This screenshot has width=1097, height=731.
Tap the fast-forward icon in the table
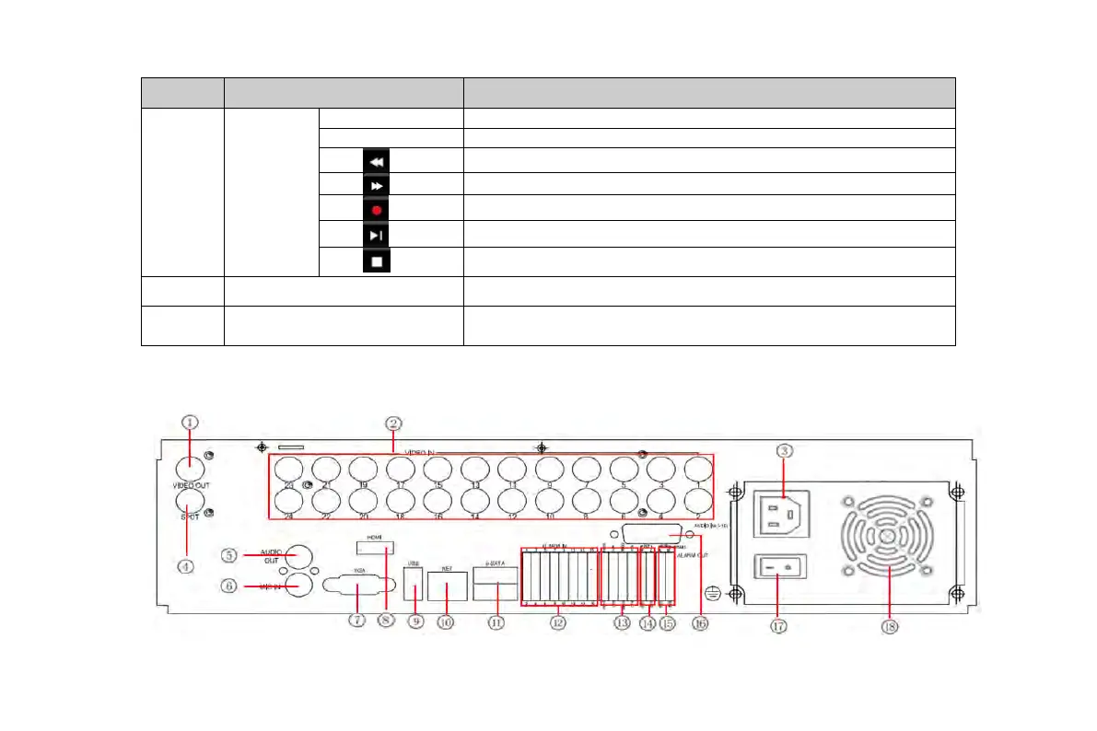pos(376,184)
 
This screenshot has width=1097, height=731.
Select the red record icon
pos(376,209)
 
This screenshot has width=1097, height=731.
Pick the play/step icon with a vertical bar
pos(376,235)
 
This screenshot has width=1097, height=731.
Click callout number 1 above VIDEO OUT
pos(190,423)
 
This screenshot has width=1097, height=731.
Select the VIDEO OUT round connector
pos(190,466)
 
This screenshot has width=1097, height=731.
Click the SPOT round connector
pos(190,501)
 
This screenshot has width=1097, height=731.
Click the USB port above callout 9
pos(414,586)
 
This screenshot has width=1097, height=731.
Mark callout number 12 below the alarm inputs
pos(556,623)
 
